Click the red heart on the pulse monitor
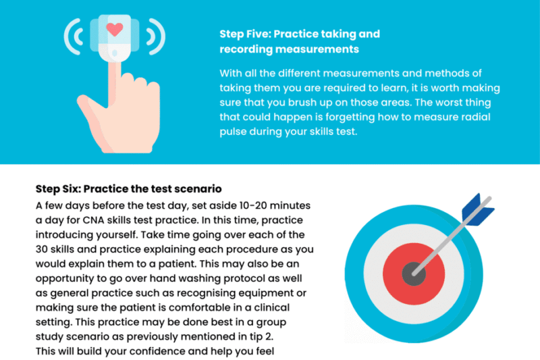115,29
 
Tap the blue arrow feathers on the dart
478,210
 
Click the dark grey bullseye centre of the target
414,274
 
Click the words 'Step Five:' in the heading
246,34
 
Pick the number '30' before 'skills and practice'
41,249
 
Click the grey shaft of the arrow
451,236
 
